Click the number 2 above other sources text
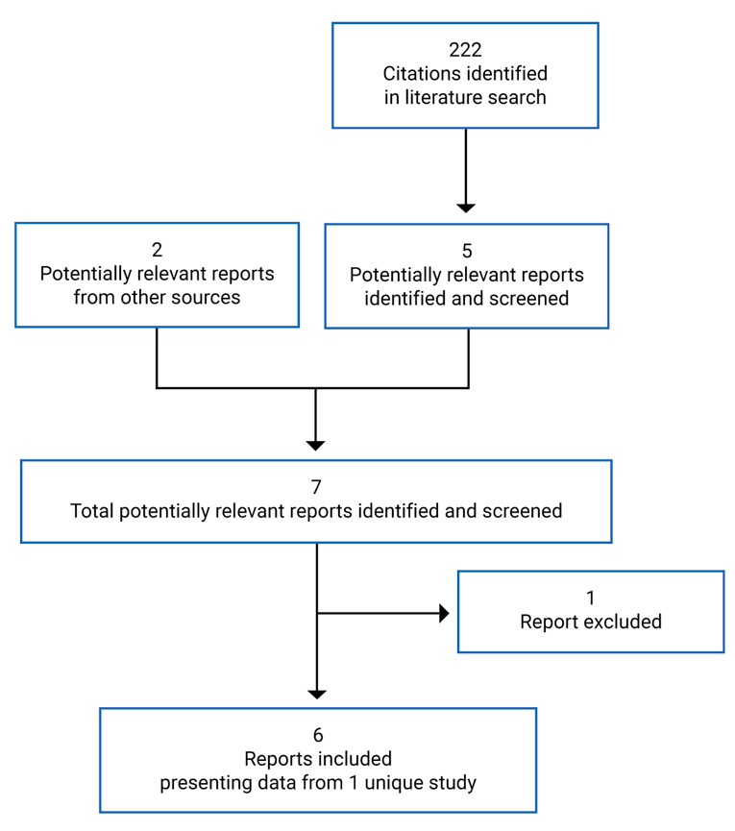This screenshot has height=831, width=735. coord(157,251)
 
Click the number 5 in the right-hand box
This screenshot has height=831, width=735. coord(467,252)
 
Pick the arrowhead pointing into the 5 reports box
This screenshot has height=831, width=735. coord(466,207)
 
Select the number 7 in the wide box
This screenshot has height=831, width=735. coord(316,488)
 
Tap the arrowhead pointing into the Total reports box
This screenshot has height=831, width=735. coord(316,445)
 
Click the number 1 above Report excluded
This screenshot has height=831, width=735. coord(591,599)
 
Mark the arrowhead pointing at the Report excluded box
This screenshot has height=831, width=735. coord(444,613)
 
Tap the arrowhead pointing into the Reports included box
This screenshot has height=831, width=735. coord(317,694)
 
